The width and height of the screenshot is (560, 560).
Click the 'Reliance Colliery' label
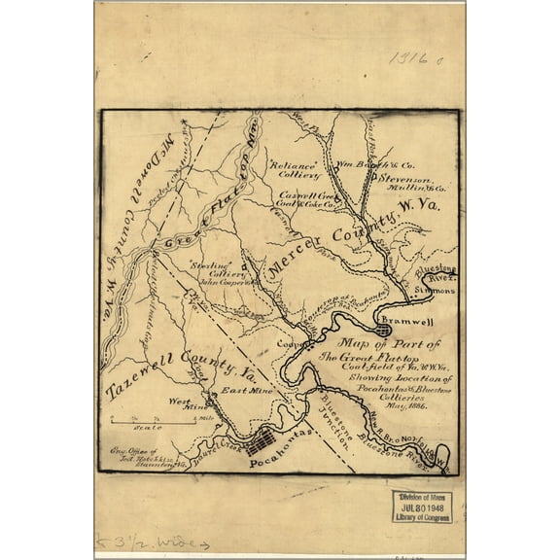click(x=295, y=170)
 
